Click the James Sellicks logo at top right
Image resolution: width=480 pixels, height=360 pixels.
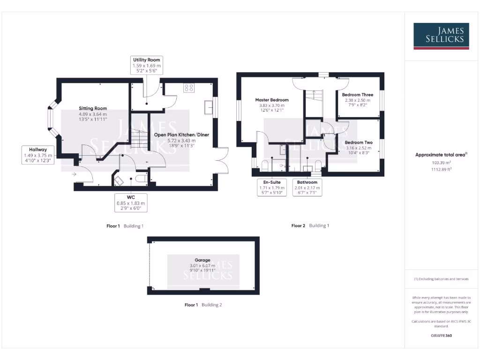click(441, 36)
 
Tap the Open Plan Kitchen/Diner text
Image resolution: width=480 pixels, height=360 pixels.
click(181, 135)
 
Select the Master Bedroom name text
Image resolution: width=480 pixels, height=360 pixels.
click(272, 100)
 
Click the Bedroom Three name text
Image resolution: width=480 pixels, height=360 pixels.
click(358, 95)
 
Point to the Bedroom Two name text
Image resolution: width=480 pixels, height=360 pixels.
click(359, 142)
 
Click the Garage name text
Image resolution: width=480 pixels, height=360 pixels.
click(202, 260)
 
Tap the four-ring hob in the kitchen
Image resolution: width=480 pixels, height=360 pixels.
click(189, 88)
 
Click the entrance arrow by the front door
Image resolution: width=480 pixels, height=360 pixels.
click(74, 174)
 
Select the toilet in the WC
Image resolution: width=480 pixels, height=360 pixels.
click(140, 179)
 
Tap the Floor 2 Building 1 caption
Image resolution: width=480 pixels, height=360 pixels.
click(310, 225)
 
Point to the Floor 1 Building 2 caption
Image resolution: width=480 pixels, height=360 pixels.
click(203, 305)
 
